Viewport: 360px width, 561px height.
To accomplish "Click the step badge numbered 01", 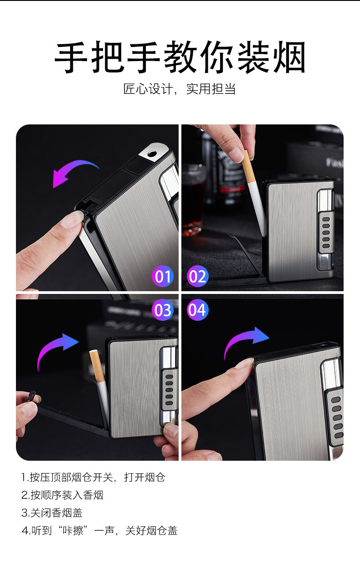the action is click(x=163, y=276).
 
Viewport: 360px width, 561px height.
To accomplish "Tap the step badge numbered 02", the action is click(x=197, y=276).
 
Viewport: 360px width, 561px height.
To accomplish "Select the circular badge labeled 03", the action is click(x=163, y=310).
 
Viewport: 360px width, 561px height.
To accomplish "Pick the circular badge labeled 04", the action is click(x=197, y=310).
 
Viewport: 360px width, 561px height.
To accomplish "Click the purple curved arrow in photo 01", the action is click(x=72, y=166).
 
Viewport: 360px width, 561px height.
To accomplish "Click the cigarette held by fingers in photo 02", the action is click(x=253, y=193).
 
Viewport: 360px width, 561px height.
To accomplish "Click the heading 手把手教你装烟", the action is click(x=180, y=57).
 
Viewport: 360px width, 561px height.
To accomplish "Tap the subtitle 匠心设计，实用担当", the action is click(x=180, y=89).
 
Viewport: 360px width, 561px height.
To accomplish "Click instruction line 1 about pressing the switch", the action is click(x=93, y=477).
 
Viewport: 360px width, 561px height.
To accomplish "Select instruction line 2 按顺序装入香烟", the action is click(x=62, y=495).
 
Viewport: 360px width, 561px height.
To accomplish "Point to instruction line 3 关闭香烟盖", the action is click(x=52, y=513).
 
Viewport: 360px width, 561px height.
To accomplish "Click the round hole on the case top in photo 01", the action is click(x=152, y=153).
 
